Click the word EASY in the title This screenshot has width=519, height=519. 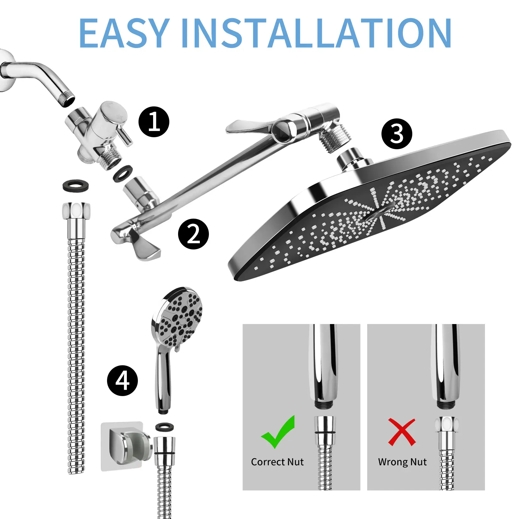tap(124, 33)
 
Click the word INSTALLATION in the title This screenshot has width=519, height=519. tap(316, 33)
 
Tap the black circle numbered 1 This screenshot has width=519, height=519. tap(154, 122)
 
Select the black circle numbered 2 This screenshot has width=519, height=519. tap(193, 234)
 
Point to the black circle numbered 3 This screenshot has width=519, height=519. tap(397, 134)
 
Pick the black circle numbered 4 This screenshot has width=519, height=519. tap(122, 380)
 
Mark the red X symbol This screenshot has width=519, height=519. tap(402, 432)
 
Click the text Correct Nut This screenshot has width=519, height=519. tap(277, 462)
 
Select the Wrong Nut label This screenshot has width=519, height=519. tap(402, 462)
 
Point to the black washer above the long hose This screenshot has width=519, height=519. tap(76, 185)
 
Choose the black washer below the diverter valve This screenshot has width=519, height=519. tap(123, 174)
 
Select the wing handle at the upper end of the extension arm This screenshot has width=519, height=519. tap(249, 127)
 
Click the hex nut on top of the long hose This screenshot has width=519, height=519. tap(76, 211)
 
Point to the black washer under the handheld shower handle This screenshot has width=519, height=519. tap(164, 427)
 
